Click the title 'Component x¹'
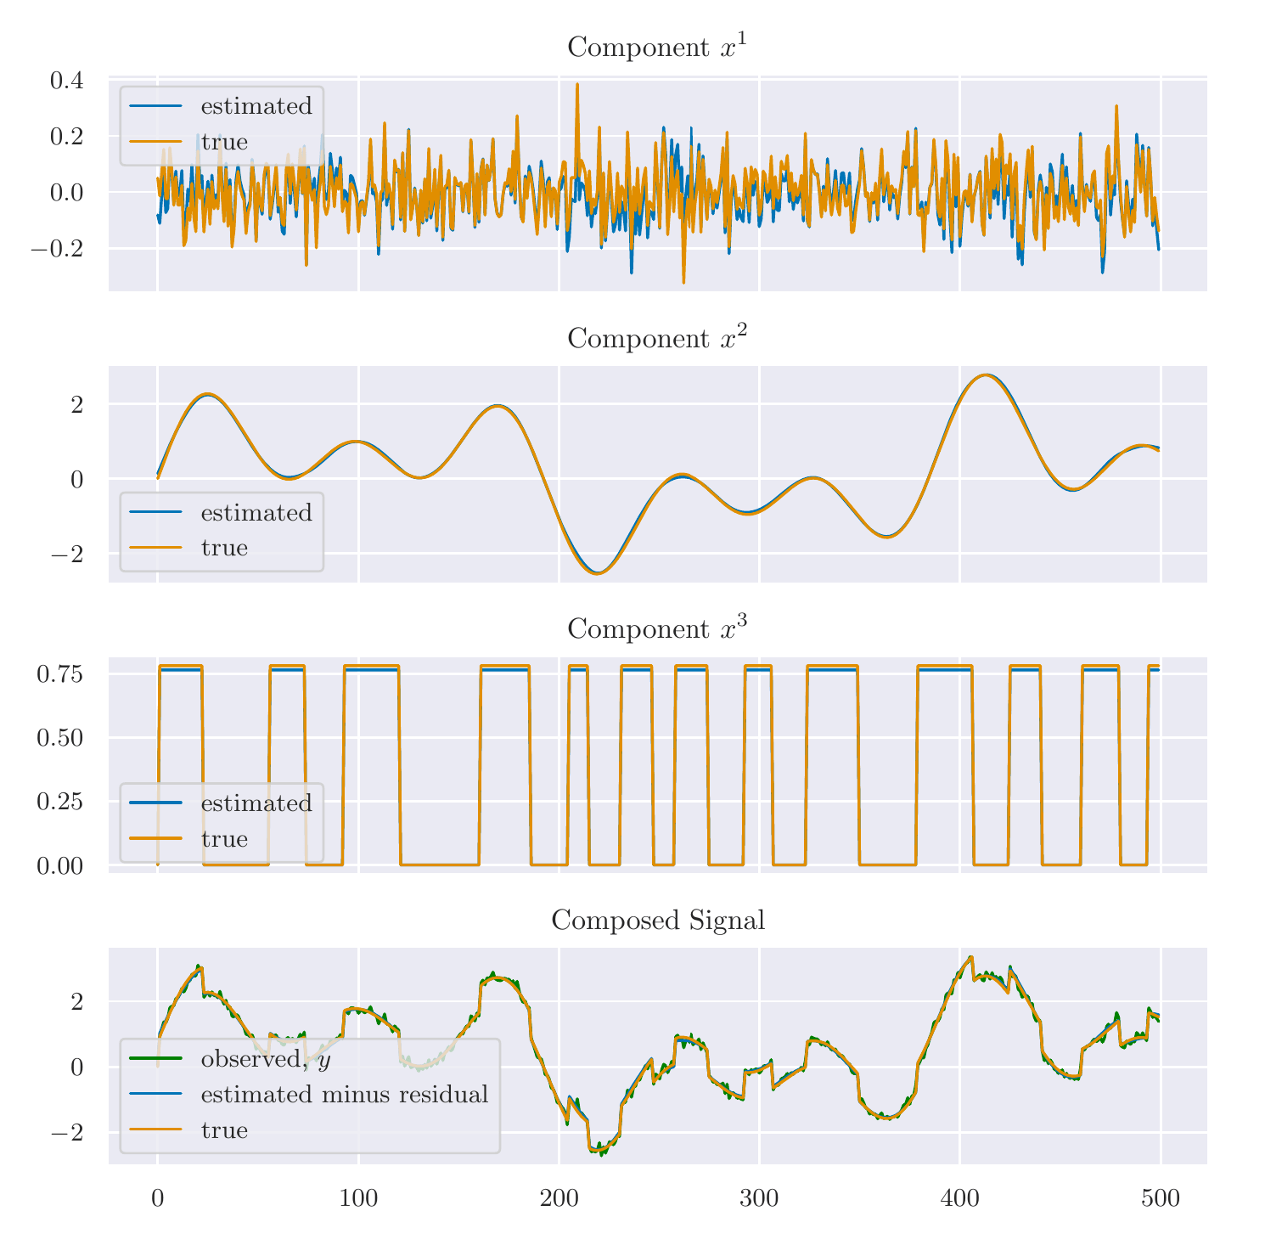pos(656,47)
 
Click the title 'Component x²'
pos(656,338)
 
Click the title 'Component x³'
pos(656,628)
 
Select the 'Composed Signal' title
pos(658,920)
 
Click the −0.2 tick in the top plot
pos(57,249)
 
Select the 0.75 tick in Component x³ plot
pos(59,674)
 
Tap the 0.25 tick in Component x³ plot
pos(59,802)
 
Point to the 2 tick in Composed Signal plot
pos(76,1002)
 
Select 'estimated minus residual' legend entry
pos(344,1095)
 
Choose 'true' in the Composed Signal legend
pos(224,1130)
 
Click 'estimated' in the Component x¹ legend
pos(256,107)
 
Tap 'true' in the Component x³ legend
pos(224,839)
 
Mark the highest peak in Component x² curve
pos(985,375)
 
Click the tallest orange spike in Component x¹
pos(577,84)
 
